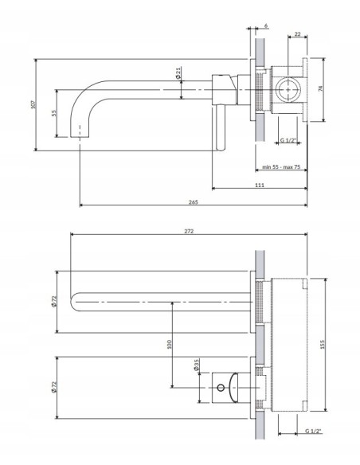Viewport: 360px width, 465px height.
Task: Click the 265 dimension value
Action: pyautogui.click(x=193, y=202)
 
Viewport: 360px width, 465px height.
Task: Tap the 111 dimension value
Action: pyautogui.click(x=260, y=185)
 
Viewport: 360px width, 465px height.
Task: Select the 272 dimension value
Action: pyautogui.click(x=189, y=231)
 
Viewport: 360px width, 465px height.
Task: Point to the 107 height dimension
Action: pyautogui.click(x=33, y=104)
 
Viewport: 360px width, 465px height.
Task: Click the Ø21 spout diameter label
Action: pyautogui.click(x=178, y=72)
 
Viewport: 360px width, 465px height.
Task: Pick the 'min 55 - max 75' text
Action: pyautogui.click(x=281, y=167)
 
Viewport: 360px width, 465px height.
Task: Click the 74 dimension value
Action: pyautogui.click(x=320, y=88)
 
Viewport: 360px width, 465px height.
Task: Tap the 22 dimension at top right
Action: pyautogui.click(x=297, y=34)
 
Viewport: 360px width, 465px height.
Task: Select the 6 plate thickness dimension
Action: pyautogui.click(x=266, y=25)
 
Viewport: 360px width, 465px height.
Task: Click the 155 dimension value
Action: pyautogui.click(x=323, y=344)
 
